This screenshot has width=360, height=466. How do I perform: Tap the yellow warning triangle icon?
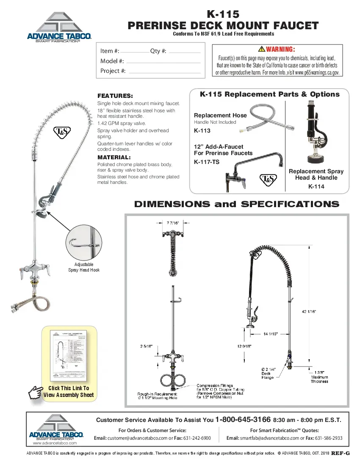click(x=262, y=50)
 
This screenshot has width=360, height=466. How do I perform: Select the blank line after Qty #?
click(x=184, y=52)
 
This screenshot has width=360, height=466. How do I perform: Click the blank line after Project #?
click(x=164, y=72)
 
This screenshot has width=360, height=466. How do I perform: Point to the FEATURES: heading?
click(x=115, y=96)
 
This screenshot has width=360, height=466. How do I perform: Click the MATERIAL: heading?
click(x=114, y=157)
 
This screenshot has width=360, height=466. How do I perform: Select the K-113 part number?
click(x=202, y=131)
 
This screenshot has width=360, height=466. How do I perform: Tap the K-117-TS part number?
click(x=207, y=161)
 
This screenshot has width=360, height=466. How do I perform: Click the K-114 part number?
click(x=316, y=186)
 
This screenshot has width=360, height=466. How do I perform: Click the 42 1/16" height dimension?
click(x=309, y=311)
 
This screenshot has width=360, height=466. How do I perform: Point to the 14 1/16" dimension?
click(x=270, y=334)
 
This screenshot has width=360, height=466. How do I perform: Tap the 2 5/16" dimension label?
click(x=147, y=346)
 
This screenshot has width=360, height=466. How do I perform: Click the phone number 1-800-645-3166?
click(x=243, y=420)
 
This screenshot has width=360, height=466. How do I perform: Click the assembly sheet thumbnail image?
click(x=69, y=354)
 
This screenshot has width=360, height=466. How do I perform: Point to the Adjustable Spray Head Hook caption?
click(x=84, y=267)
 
